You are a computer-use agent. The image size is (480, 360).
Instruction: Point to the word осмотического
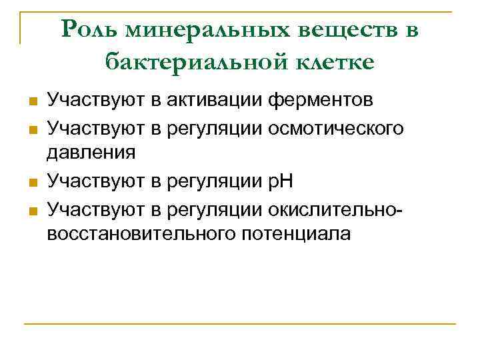[x=336, y=127]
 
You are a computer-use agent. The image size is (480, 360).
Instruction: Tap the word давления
[x=91, y=153]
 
